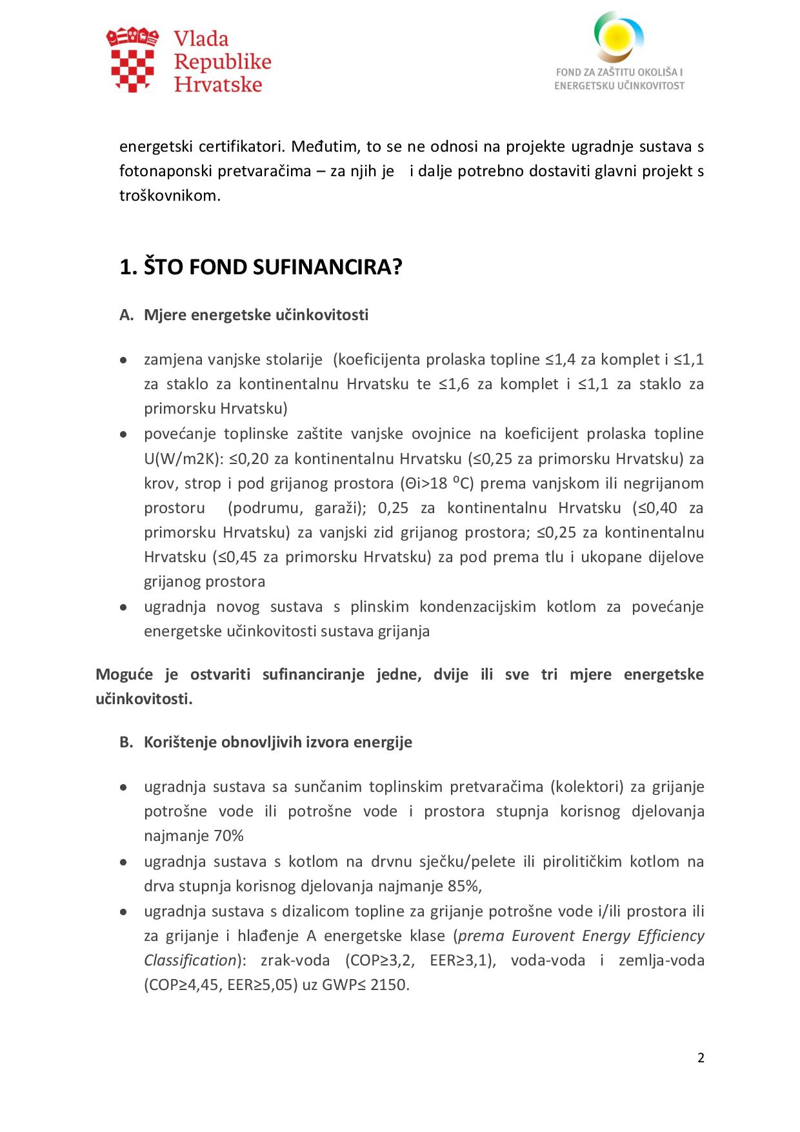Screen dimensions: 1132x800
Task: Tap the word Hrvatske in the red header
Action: pyautogui.click(x=218, y=85)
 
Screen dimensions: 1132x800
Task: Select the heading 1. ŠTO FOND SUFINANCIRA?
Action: pyautogui.click(x=261, y=267)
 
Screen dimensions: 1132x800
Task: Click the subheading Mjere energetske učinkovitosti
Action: pyautogui.click(x=256, y=315)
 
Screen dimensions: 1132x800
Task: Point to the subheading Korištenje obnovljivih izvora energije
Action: pyautogui.click(x=277, y=742)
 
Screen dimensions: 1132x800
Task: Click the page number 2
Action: pyautogui.click(x=701, y=1057)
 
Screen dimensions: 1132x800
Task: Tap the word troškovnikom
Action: pyautogui.click(x=170, y=196)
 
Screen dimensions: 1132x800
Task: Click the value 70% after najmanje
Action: pyautogui.click(x=228, y=836)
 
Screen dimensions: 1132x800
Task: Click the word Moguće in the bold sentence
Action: pyautogui.click(x=124, y=674)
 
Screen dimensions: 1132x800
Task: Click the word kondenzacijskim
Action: pyautogui.click(x=477, y=607)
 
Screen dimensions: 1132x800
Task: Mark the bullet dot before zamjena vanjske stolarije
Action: pyautogui.click(x=123, y=360)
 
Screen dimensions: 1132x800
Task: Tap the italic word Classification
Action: pyautogui.click(x=190, y=960)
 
